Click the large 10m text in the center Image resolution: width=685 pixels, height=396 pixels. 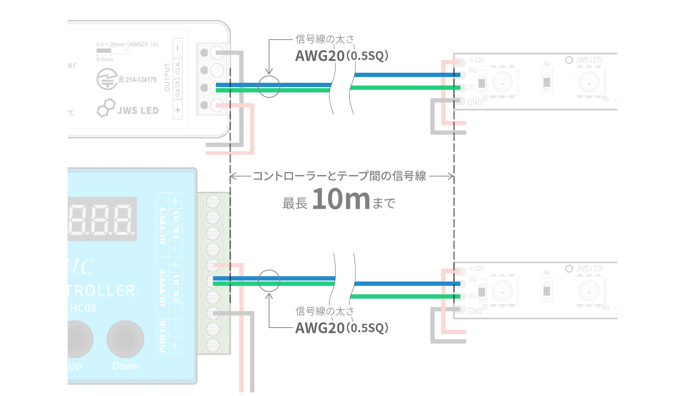point(341,199)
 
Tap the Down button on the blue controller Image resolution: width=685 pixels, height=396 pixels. point(125,339)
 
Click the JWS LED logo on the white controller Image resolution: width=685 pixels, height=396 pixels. point(128,108)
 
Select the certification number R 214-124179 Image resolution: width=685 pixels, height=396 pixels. point(138,80)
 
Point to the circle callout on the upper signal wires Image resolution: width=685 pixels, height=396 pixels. point(269,87)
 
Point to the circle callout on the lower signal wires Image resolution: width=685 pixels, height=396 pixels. point(269,281)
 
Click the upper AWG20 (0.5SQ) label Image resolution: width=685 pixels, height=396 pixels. point(341,56)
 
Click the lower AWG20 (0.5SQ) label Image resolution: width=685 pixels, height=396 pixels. point(341,328)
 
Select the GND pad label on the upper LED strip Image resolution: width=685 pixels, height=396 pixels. point(475,102)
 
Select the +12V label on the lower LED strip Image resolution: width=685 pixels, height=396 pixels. point(476,269)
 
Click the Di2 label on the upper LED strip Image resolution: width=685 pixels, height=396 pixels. point(472,70)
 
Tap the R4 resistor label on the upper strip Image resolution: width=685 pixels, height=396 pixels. point(546,64)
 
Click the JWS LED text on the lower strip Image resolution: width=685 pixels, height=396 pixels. point(589,269)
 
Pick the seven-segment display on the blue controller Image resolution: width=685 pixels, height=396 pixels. point(102,219)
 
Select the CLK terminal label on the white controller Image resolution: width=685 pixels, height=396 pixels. point(177,68)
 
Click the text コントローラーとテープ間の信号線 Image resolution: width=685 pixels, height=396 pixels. point(339,176)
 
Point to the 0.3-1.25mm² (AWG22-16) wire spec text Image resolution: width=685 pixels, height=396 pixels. point(127,44)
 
